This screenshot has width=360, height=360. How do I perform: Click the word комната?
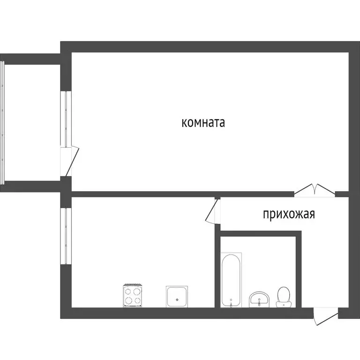click(x=203, y=123)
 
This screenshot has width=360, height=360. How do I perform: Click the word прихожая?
click(x=288, y=215)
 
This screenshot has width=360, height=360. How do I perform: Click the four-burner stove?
click(x=133, y=296)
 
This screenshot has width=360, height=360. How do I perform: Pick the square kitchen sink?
click(x=177, y=296)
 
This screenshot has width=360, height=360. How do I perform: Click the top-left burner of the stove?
click(x=128, y=291)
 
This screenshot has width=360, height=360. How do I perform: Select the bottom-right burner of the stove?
click(x=138, y=300)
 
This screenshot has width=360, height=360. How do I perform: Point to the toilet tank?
click(x=284, y=305)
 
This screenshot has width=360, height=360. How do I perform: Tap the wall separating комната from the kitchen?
click(x=141, y=194)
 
